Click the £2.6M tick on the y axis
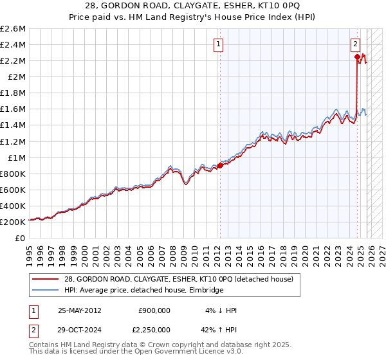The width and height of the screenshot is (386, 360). (13, 29)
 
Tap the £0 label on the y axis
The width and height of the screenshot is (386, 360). (21, 238)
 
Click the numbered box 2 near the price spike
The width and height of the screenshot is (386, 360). (355, 44)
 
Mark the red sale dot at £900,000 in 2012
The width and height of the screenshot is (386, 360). (220, 165)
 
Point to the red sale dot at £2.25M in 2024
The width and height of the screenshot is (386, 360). (357, 57)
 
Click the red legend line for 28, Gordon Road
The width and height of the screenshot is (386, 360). (46, 279)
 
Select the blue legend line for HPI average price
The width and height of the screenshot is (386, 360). (46, 291)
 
